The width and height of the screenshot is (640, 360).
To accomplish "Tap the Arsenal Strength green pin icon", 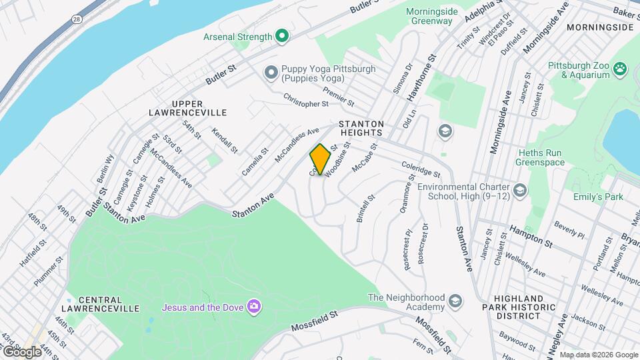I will click(x=281, y=37).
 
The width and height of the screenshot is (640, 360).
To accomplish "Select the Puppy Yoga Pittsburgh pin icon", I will click(x=271, y=72).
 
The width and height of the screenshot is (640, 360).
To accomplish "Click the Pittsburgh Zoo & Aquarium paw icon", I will click(x=621, y=67).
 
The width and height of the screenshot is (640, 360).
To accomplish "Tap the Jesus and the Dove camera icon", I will click(x=253, y=307).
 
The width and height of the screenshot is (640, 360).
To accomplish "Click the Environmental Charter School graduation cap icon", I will click(x=521, y=192).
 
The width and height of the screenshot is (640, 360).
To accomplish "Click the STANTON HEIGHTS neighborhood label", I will click(x=361, y=128).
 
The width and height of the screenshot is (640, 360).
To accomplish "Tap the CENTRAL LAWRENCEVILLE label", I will click(x=100, y=304).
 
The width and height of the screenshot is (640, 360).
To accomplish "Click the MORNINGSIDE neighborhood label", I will click(x=599, y=27).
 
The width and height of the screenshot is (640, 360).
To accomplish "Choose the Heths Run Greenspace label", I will click(x=540, y=157).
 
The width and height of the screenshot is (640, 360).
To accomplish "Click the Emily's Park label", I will click(x=598, y=197).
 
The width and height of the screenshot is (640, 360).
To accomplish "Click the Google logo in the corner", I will click(x=21, y=351).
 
